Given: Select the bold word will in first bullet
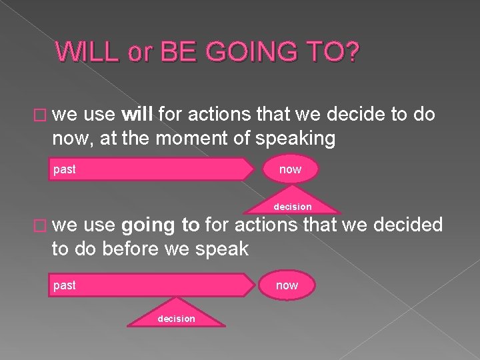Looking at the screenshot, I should [x=138, y=115].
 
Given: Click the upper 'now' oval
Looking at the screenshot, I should [x=290, y=169].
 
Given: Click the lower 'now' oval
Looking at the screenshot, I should [x=287, y=285].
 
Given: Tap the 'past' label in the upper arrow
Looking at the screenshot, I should [x=65, y=169].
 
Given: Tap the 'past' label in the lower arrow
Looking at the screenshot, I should [x=65, y=285].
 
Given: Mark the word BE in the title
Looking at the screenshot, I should [x=171, y=53].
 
